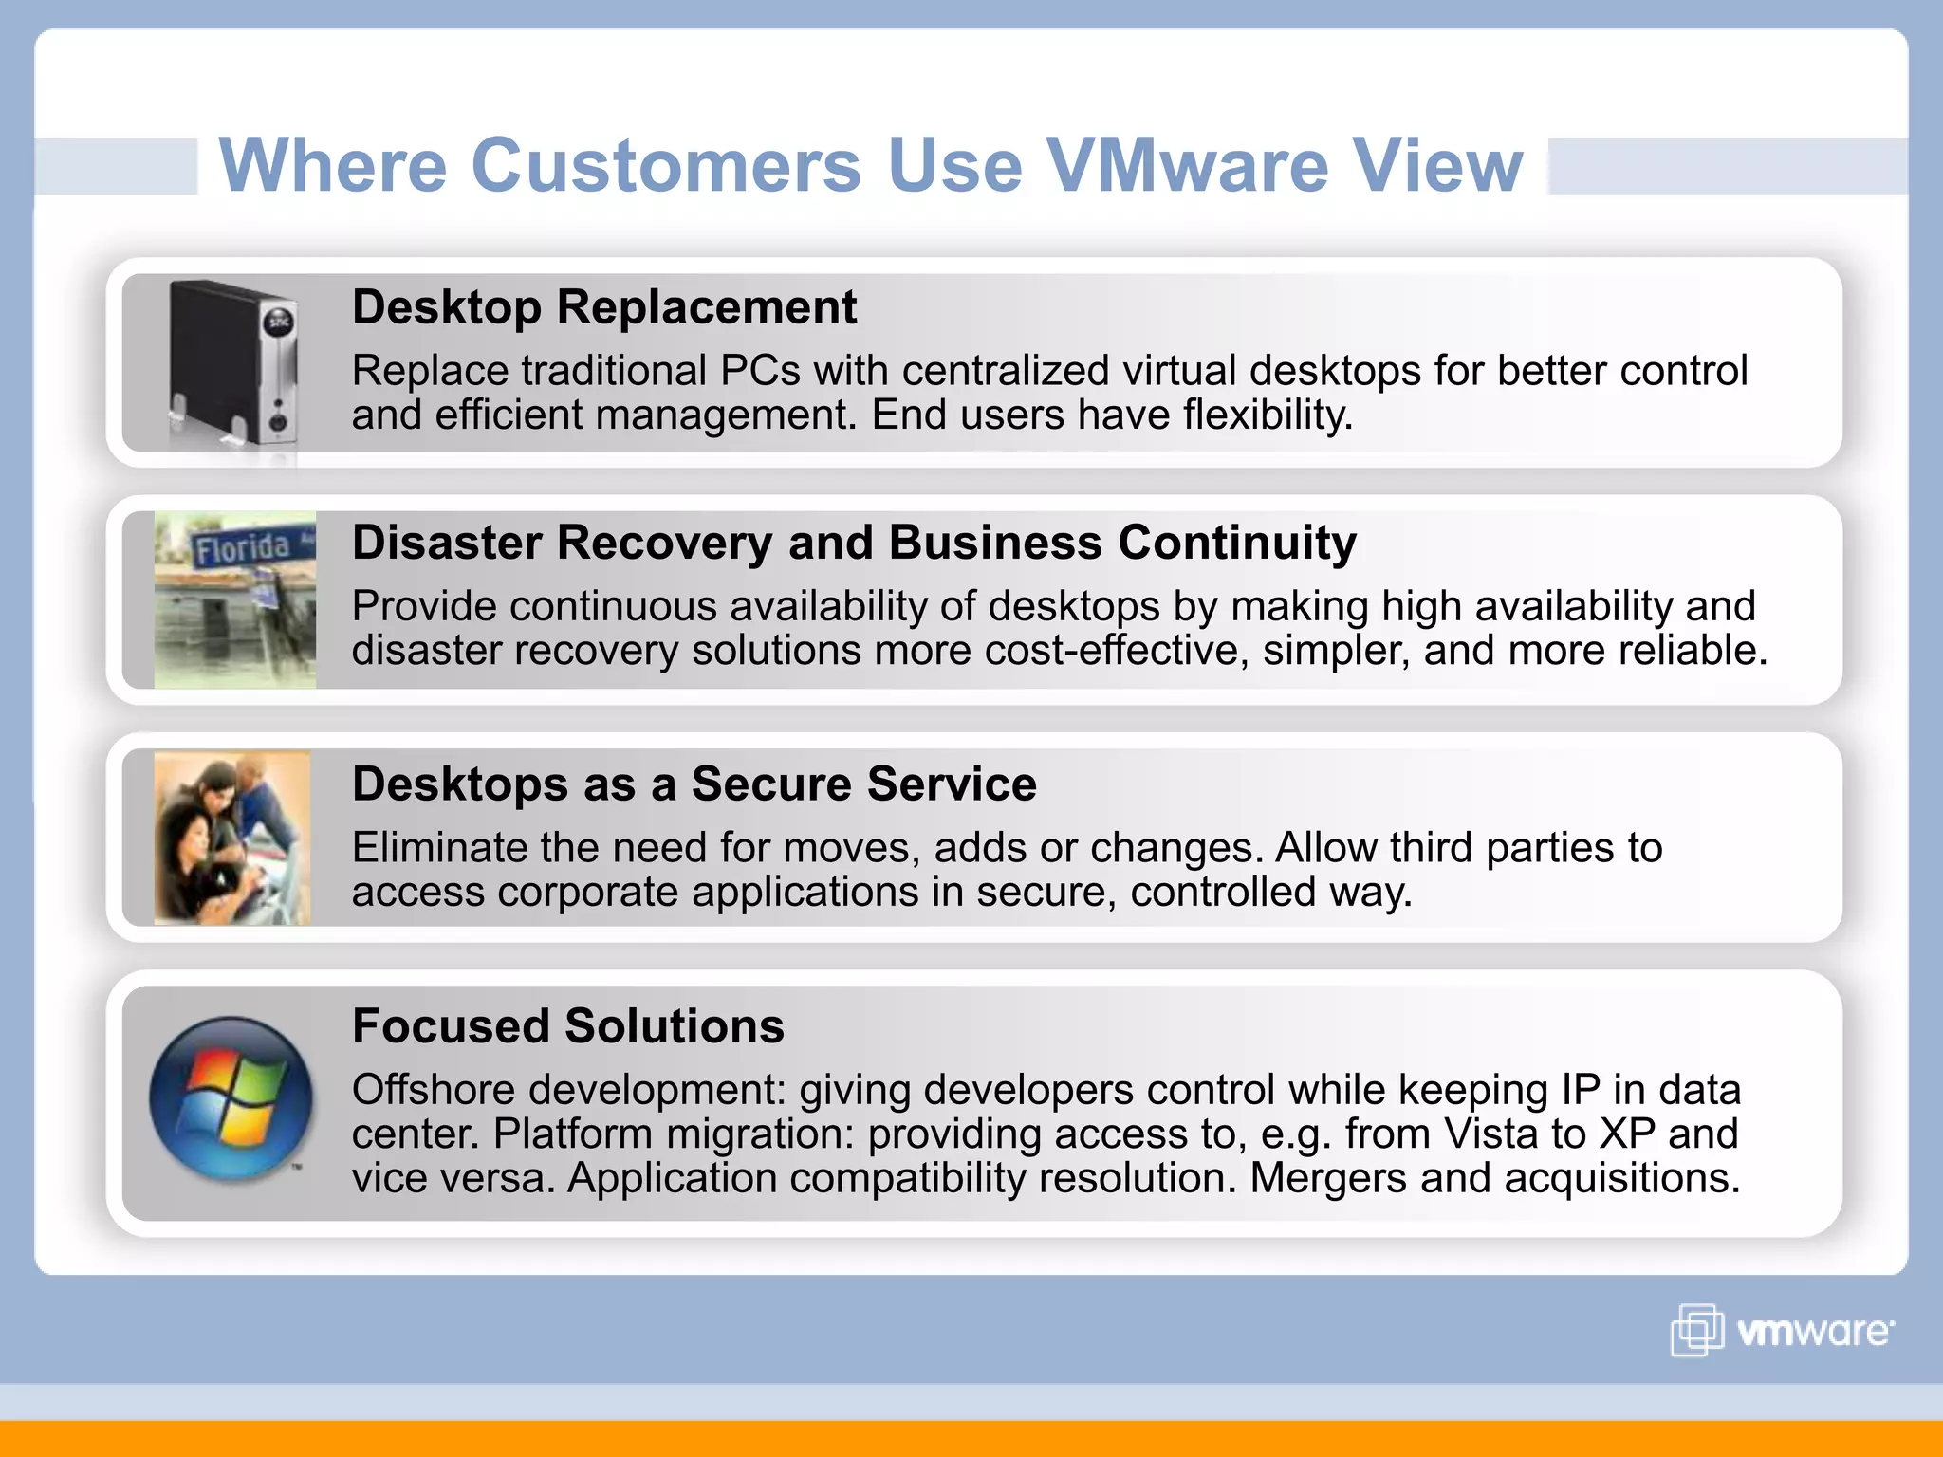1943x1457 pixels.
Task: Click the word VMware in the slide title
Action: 1187,165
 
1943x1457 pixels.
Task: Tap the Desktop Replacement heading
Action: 604,307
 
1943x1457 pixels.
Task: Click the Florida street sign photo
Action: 235,599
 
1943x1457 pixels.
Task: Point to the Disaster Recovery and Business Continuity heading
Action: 854,544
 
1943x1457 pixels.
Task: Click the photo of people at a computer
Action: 232,838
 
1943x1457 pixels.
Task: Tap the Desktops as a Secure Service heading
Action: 694,784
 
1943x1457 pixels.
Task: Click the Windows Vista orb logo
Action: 231,1098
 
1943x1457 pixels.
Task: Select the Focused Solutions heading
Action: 567,1026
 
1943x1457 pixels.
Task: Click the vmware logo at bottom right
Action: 1782,1330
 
